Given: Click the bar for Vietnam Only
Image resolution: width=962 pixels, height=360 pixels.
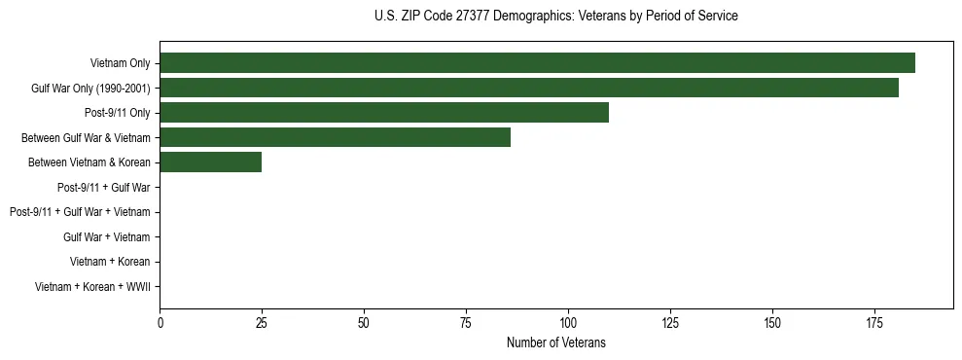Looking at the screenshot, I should click(x=537, y=63).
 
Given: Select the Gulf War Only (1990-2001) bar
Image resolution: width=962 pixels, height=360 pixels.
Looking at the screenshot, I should click(x=529, y=89).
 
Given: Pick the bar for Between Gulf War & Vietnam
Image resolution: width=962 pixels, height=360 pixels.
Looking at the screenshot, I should click(x=335, y=138).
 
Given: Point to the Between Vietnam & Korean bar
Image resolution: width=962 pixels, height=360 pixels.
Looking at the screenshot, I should click(x=210, y=162).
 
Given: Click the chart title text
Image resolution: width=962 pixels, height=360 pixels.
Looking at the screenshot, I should click(x=555, y=16).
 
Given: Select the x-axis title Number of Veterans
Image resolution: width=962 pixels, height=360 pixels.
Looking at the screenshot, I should click(x=555, y=342).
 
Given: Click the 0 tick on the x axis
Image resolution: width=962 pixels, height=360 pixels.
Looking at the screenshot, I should click(x=160, y=321).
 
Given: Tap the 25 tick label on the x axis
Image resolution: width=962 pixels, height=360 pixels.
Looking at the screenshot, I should click(x=262, y=321).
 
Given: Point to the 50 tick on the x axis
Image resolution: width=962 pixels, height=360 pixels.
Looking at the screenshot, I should click(x=364, y=321).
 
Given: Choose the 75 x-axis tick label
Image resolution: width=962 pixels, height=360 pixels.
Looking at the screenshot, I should click(x=466, y=321).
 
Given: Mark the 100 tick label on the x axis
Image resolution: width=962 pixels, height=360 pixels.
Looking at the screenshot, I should click(x=568, y=321).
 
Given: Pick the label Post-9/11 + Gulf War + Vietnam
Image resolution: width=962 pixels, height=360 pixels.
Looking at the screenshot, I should click(x=80, y=212).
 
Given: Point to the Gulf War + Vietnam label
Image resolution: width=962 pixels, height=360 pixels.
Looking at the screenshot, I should click(x=107, y=237).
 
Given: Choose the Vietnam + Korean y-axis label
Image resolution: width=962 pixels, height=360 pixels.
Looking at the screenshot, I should click(x=110, y=262).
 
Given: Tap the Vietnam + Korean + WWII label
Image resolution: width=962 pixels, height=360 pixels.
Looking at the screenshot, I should click(x=92, y=287).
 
